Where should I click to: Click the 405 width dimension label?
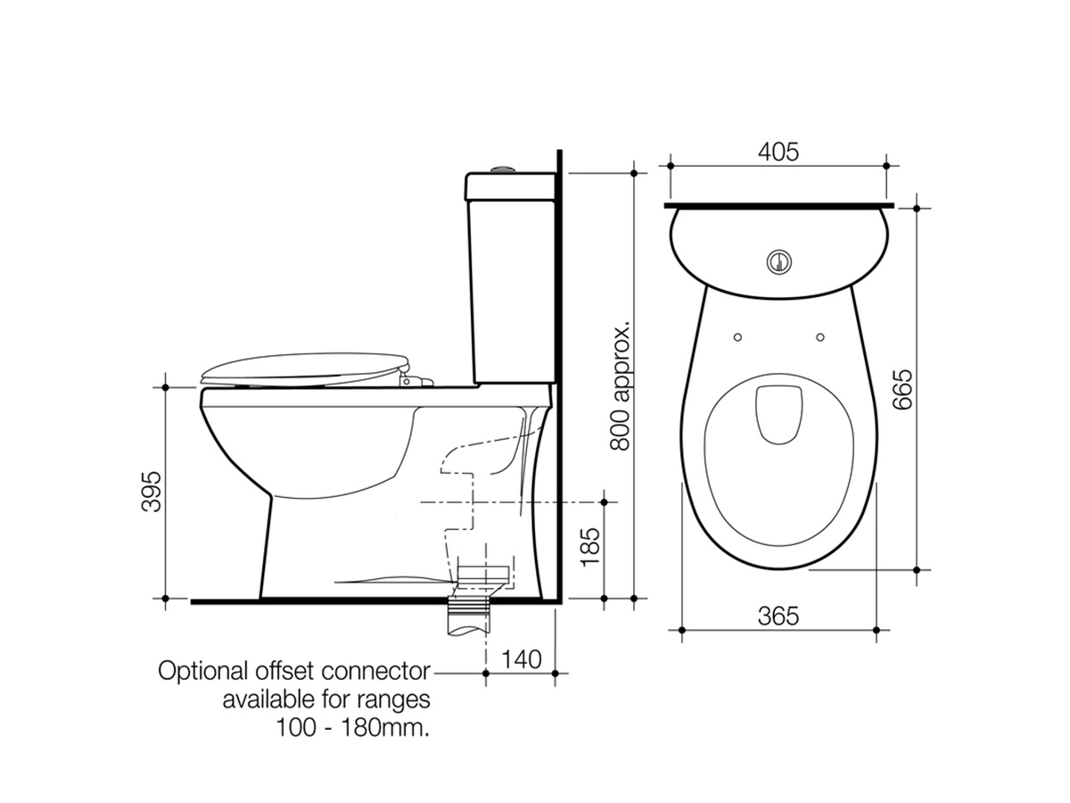pos(778,152)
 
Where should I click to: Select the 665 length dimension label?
pos(902,388)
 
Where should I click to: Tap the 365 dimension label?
pos(778,616)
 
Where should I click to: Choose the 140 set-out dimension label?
pos(521,660)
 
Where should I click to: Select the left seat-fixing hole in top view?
pos(737,337)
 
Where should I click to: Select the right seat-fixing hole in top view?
pos(820,337)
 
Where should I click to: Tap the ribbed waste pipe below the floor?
pos(471,616)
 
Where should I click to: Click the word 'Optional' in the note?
pos(198,671)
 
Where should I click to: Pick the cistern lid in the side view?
pos(509,185)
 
